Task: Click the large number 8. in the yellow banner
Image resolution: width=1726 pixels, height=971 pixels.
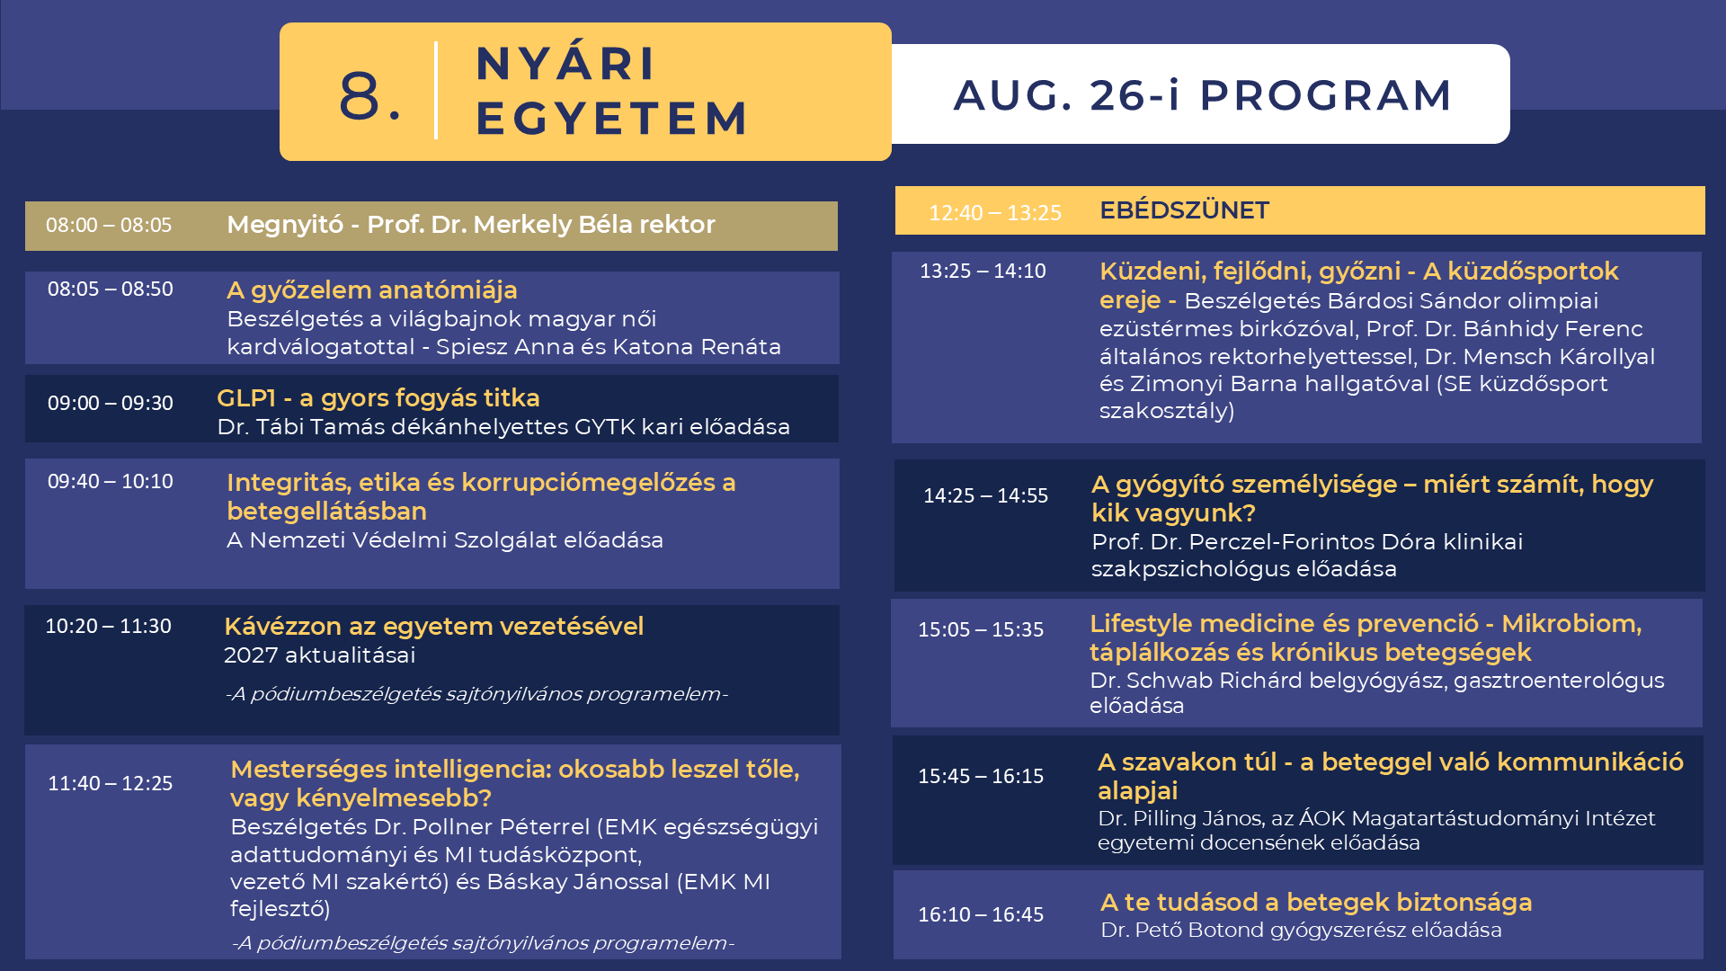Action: tap(369, 95)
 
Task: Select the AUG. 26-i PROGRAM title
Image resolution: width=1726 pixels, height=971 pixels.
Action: tap(1203, 95)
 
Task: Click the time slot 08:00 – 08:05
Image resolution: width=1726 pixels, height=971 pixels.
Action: tap(109, 225)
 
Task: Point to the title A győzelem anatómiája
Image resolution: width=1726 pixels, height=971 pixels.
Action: tap(372, 290)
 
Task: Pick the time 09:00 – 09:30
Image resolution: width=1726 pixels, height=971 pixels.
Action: tap(111, 403)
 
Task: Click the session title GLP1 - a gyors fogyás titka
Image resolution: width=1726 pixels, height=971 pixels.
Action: tap(378, 398)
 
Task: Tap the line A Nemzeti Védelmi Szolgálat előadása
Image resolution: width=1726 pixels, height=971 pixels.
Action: tap(445, 540)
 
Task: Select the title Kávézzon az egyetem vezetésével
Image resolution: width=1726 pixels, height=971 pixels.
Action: tap(434, 626)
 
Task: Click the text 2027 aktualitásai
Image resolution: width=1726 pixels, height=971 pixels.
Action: tap(319, 655)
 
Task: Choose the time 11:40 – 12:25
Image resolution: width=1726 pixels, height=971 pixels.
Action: tap(111, 783)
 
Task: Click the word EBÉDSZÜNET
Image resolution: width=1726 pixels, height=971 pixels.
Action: tap(1184, 210)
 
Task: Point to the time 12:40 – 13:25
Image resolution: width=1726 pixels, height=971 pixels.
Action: tap(995, 213)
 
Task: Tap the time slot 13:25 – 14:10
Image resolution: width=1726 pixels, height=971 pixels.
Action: tap(983, 271)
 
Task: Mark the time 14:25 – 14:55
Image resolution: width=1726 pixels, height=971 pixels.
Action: tap(986, 495)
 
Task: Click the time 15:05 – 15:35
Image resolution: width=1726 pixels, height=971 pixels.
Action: tap(981, 629)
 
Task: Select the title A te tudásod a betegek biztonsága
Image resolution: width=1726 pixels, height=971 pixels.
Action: tap(1316, 902)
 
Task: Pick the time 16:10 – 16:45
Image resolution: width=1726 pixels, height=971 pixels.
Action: tap(981, 914)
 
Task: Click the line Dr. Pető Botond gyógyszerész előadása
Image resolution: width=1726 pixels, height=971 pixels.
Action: tap(1302, 931)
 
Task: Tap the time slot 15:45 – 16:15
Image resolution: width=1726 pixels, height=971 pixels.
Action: tap(981, 776)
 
